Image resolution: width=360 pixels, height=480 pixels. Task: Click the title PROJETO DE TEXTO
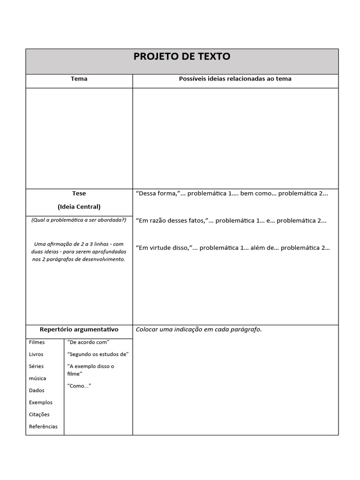182,57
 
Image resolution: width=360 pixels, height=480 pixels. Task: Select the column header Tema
79,79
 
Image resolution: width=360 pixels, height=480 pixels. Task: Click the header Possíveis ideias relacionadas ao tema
235,79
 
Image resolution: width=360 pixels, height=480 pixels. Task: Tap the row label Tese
79,193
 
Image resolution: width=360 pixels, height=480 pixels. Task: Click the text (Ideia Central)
79,206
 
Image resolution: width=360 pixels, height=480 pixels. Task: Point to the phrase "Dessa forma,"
154,194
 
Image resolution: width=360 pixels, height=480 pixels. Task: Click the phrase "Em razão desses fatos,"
171,220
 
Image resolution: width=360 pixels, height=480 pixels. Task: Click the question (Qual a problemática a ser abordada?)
79,220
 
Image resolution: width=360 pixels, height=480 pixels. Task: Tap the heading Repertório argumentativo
79,330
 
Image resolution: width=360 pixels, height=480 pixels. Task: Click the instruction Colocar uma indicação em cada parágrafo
198,330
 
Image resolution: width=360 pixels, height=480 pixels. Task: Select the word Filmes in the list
37,342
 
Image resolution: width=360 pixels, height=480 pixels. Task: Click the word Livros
36,354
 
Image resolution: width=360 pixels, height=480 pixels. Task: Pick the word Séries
36,366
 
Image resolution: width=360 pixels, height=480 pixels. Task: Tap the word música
37,378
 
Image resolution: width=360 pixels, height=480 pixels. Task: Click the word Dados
37,390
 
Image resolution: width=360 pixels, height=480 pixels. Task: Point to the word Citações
39,414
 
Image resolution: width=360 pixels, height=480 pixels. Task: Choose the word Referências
43,427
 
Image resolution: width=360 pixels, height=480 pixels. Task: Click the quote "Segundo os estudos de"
98,354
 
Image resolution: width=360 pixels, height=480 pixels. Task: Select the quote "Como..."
79,385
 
